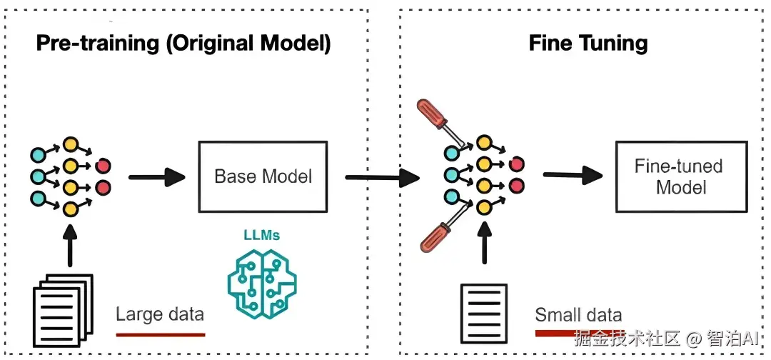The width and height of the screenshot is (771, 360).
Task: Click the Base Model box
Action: [x=263, y=176]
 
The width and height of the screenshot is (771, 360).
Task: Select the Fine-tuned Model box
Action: [x=680, y=176]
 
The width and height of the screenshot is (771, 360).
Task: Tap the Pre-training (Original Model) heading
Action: [x=184, y=44]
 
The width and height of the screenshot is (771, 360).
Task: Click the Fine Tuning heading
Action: [x=588, y=44]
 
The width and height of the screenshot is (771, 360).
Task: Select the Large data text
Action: [x=160, y=314]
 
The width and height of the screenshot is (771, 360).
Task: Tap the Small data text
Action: [x=578, y=315]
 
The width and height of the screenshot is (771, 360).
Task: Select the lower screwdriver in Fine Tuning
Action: [x=439, y=232]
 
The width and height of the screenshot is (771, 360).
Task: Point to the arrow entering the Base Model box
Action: [x=157, y=176]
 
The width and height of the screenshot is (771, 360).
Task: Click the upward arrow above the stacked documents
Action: [x=70, y=246]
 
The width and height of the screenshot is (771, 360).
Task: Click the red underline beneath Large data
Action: [x=160, y=334]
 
